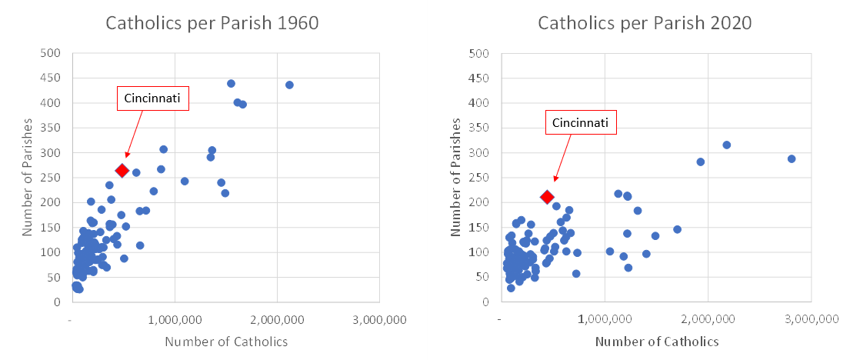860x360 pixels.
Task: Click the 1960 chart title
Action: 212,23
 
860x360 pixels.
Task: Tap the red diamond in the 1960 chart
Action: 122,170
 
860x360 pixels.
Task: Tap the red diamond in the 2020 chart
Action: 547,198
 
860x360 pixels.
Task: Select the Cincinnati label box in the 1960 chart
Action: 152,98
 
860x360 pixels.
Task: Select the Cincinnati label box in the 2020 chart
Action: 582,122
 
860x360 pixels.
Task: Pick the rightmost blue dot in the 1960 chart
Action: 289,85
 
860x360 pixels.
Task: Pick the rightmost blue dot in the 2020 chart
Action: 792,158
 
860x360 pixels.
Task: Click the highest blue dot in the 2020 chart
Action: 726,145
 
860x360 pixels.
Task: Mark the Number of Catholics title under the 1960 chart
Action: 226,342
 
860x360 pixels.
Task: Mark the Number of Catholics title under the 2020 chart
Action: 657,342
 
